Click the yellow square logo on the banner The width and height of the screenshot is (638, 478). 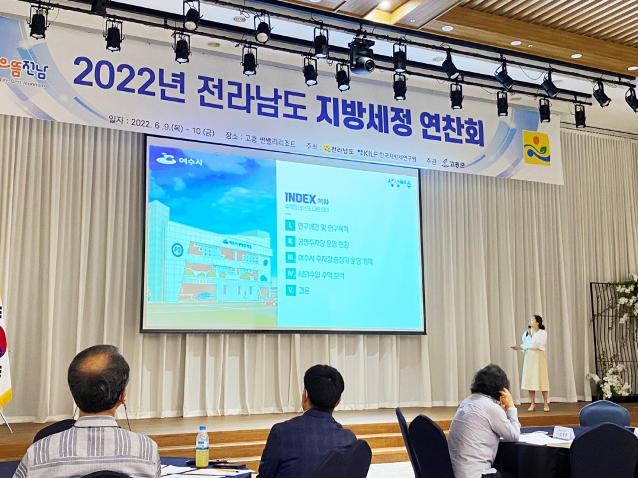tap(536, 148)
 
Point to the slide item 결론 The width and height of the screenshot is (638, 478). tap(304, 291)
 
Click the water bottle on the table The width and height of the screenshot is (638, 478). tap(202, 447)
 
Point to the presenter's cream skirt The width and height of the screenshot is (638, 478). tap(535, 370)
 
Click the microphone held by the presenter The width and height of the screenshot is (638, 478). tap(528, 330)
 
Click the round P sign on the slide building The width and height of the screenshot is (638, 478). tap(177, 250)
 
